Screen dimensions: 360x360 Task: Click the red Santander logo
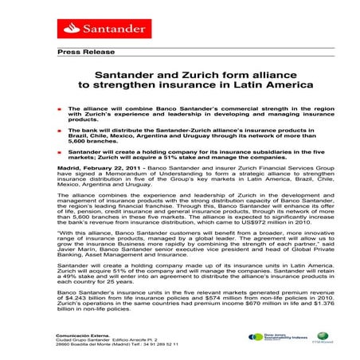coord(89,29)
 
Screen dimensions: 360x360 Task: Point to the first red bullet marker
coord(59,108)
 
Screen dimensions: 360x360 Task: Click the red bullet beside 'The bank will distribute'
coord(59,128)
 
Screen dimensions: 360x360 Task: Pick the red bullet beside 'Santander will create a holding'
coord(59,150)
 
